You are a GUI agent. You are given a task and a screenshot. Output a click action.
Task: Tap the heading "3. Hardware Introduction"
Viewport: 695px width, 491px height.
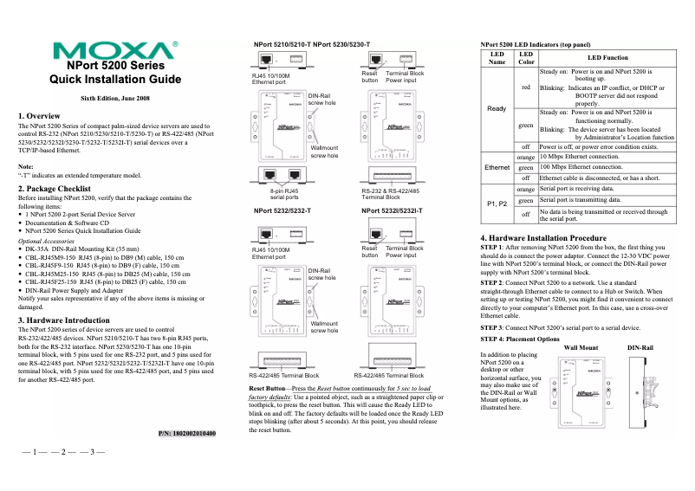click(x=70, y=320)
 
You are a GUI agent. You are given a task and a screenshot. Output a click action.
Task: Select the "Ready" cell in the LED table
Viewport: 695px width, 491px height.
click(x=497, y=108)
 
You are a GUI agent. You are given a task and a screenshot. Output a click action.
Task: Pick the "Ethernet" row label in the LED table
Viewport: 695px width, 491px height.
click(x=497, y=165)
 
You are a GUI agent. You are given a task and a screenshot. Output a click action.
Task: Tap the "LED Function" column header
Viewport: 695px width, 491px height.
click(x=607, y=57)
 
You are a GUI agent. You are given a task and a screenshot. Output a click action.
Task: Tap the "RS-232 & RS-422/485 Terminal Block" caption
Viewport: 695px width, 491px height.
click(x=393, y=194)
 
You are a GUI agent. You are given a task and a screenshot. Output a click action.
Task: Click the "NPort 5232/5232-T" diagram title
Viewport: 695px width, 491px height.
click(x=283, y=210)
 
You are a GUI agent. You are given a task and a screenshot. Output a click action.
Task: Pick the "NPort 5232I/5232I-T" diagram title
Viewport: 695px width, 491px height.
click(x=392, y=210)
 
